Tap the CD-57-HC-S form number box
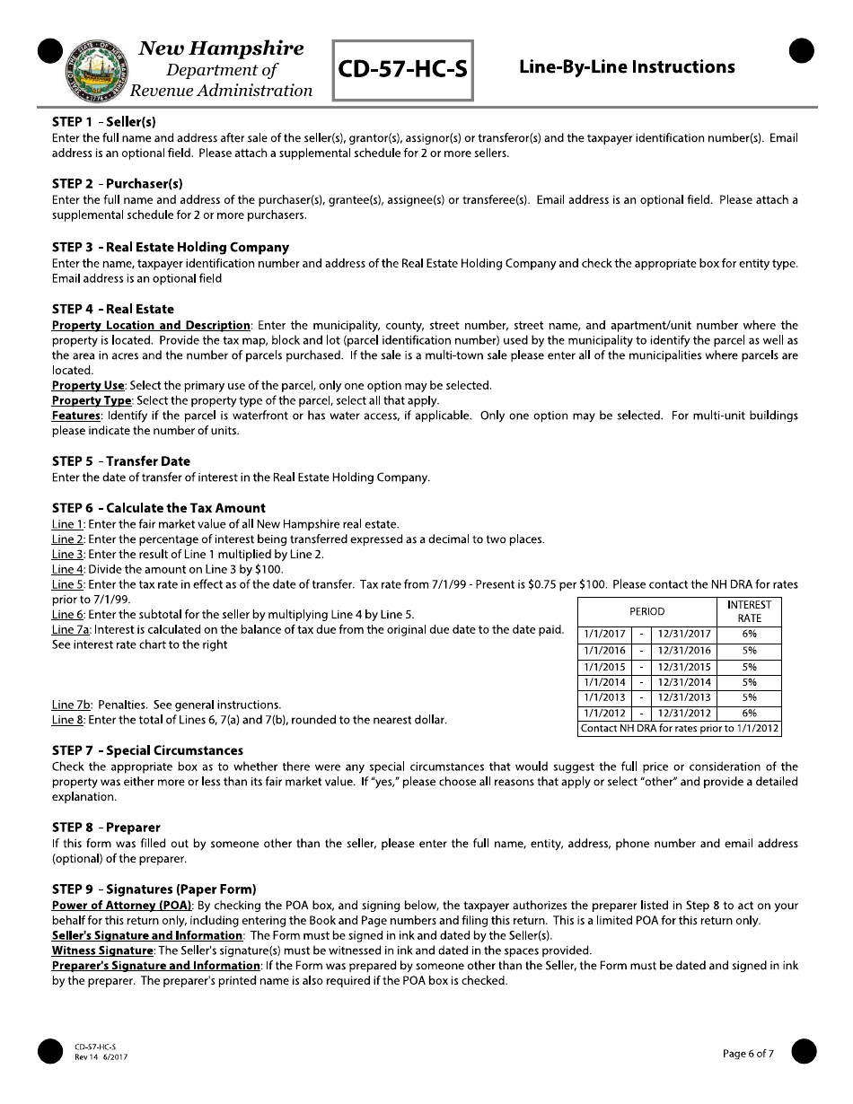click(403, 69)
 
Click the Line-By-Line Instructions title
click(627, 67)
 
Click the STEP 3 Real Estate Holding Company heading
click(171, 247)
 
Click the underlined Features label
click(75, 416)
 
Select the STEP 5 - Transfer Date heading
click(121, 461)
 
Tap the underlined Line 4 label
click(68, 569)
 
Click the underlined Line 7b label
click(71, 705)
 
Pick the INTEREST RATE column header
click(749, 611)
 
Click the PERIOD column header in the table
click(646, 611)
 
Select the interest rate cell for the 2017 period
click(749, 635)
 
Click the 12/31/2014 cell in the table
click(684, 682)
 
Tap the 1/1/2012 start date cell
click(604, 714)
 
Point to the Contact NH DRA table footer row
click(679, 729)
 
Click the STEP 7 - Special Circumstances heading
click(147, 750)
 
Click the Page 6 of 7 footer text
click(748, 1054)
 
